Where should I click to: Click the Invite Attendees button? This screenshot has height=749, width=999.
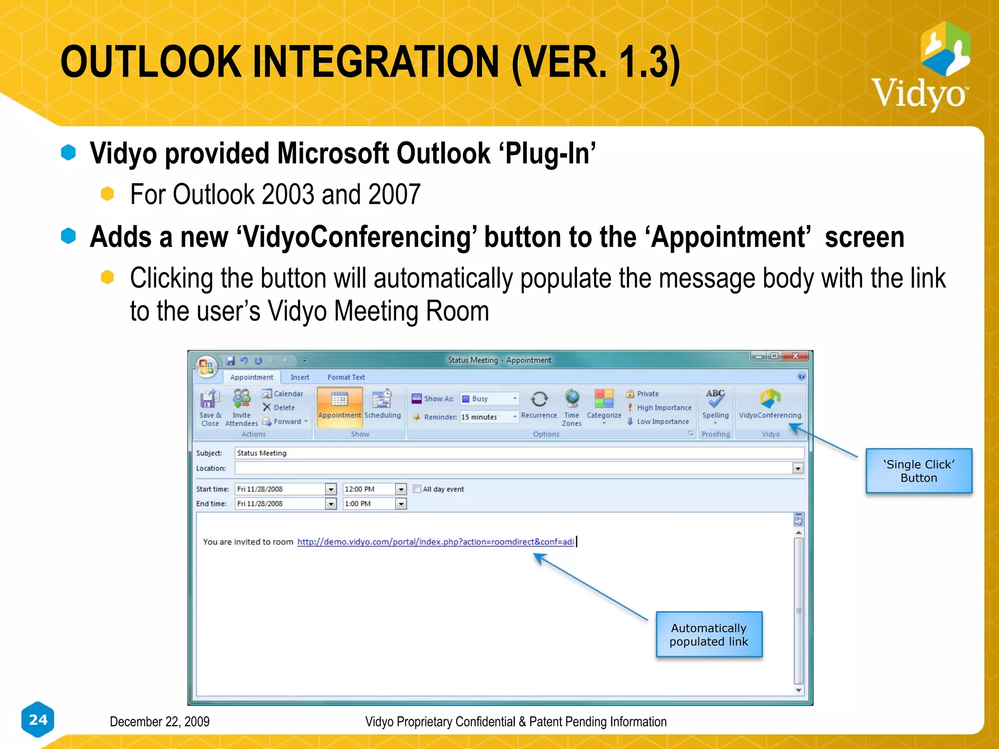[241, 407]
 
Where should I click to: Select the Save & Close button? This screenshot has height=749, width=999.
[210, 407]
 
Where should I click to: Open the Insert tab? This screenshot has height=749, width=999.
[300, 377]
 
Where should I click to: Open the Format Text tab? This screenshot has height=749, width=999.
[346, 377]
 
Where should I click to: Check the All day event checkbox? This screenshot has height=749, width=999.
[417, 489]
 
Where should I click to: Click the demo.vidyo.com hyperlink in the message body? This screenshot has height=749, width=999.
[435, 542]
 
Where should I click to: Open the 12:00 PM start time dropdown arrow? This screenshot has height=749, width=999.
[401, 489]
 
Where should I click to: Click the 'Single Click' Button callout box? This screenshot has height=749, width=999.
[919, 471]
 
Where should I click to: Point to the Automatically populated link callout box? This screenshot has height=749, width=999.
[709, 634]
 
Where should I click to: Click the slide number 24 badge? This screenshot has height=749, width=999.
[38, 719]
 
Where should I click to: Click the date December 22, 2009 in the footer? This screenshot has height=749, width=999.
[160, 722]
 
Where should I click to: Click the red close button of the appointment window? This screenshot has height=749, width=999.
[796, 356]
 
